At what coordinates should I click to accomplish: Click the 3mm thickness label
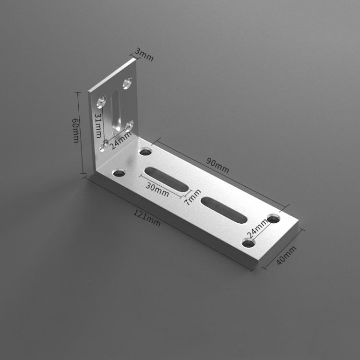tap(144, 54)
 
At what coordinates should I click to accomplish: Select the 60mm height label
tap(76, 130)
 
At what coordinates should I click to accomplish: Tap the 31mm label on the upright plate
tap(98, 126)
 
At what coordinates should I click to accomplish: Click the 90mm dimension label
tap(217, 165)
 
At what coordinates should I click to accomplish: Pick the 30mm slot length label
tap(158, 192)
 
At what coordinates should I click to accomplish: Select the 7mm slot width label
tap(194, 195)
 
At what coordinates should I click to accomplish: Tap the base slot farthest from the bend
tap(224, 210)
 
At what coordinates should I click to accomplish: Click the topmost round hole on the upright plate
tap(127, 84)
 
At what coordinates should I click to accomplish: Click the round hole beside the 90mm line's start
tap(145, 152)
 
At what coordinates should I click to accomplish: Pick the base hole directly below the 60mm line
tap(119, 172)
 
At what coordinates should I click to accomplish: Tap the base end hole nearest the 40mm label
tap(248, 243)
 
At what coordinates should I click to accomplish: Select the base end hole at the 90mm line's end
tap(274, 219)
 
